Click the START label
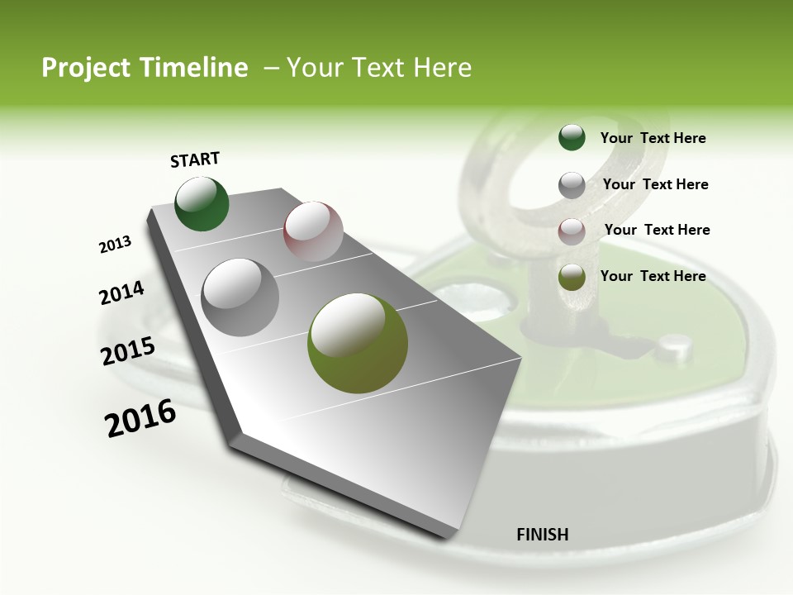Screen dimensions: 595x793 [195, 159]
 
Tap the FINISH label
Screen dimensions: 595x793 [542, 535]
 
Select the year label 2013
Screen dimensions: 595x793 [116, 245]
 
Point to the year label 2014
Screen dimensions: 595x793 [122, 293]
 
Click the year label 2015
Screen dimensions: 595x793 [128, 351]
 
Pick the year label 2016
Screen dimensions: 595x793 [140, 418]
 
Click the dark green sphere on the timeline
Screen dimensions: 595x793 [202, 204]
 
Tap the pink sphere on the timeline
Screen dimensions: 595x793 [313, 231]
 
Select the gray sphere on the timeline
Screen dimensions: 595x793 [240, 297]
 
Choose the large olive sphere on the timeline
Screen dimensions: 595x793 [358, 342]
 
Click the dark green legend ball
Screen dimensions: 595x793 [572, 138]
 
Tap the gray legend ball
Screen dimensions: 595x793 [572, 185]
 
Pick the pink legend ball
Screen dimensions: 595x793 [572, 231]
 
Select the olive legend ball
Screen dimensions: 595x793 [572, 278]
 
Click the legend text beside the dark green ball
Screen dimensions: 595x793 [653, 139]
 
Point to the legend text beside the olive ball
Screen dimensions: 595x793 [653, 276]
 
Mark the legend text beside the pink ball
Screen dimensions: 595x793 [657, 230]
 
